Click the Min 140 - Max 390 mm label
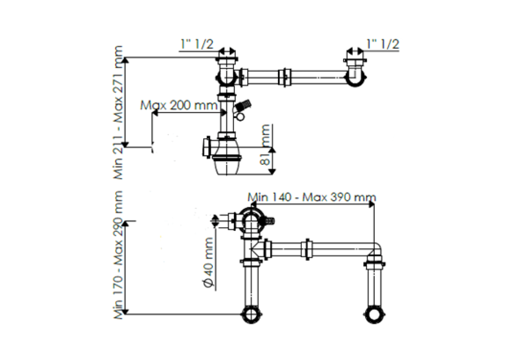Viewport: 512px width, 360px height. click(x=312, y=197)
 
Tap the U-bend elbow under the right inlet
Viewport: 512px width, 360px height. click(x=355, y=80)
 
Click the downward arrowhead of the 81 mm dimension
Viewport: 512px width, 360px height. click(x=272, y=172)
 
